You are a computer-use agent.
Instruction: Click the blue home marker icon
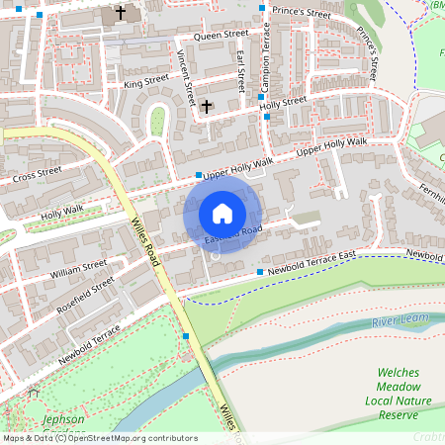click(222, 213)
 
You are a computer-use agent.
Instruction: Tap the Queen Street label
click(222, 36)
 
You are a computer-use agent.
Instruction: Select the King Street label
click(146, 82)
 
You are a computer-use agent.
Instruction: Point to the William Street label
click(78, 267)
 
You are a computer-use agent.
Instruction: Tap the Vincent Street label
click(185, 76)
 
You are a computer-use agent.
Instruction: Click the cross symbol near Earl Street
click(207, 105)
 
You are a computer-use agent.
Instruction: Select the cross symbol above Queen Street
click(121, 14)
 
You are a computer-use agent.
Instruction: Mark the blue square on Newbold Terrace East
click(260, 271)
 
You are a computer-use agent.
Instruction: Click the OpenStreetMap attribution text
click(99, 438)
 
